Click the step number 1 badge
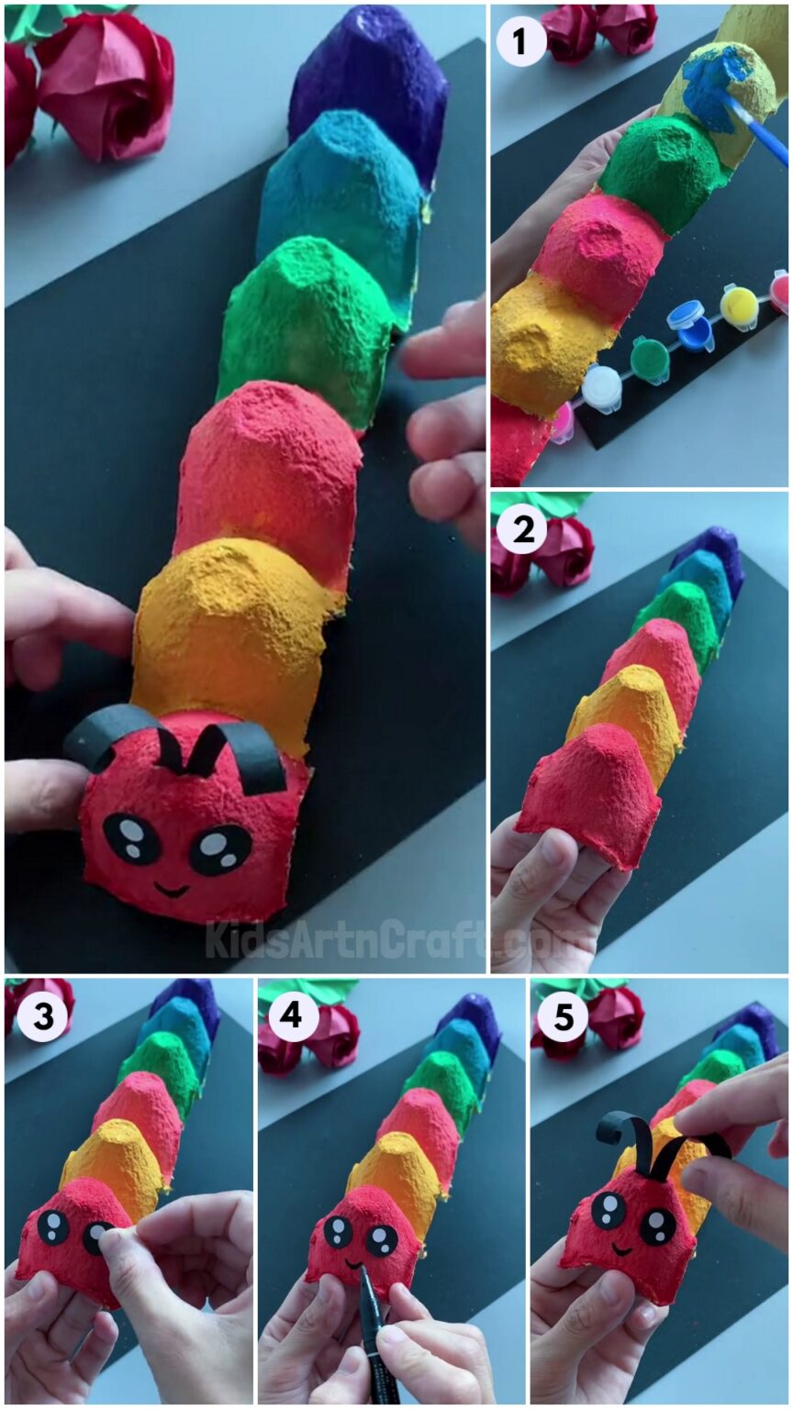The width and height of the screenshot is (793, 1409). click(x=521, y=42)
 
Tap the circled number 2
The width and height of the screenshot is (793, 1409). click(x=521, y=531)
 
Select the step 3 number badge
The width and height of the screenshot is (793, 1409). click(x=39, y=1018)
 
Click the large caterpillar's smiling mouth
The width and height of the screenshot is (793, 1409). click(x=172, y=888)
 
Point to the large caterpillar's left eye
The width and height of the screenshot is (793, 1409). click(x=131, y=839)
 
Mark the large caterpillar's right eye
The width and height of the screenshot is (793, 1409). click(x=220, y=849)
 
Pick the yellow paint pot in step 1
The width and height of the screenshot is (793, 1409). click(x=739, y=307)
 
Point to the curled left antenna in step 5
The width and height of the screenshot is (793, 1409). click(x=624, y=1137)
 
